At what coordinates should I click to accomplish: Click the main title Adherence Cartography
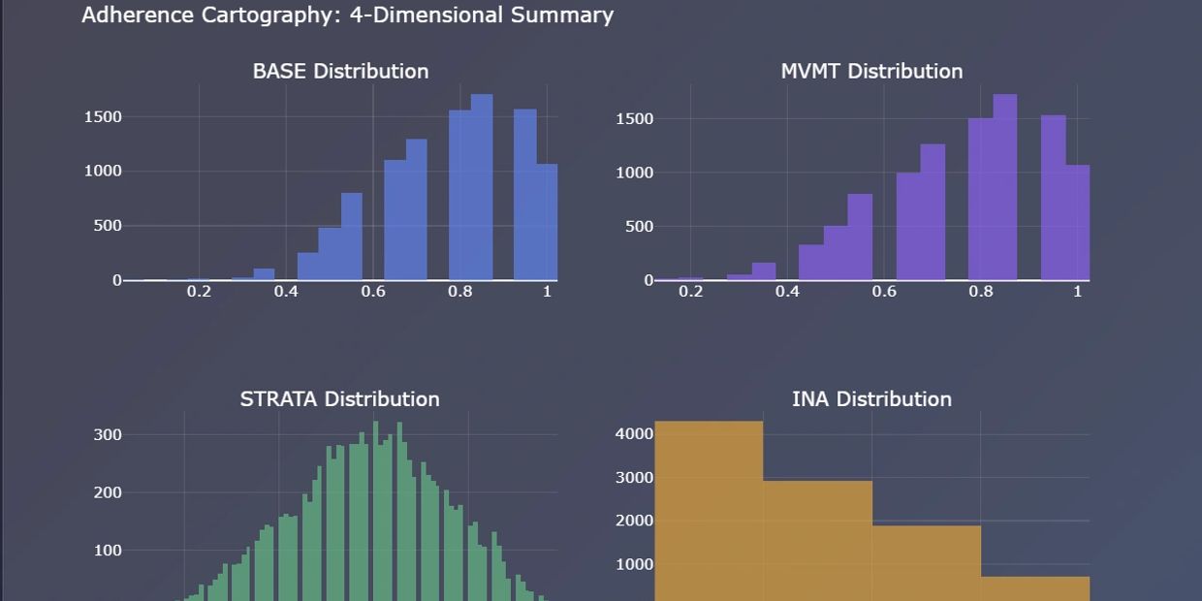(x=347, y=16)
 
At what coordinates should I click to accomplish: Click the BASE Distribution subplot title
(x=340, y=71)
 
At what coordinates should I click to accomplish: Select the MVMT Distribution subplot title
(x=871, y=71)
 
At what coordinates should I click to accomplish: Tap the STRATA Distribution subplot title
(x=339, y=398)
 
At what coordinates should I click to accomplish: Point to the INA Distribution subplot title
(x=871, y=398)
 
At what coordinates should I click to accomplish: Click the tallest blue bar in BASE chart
(x=482, y=189)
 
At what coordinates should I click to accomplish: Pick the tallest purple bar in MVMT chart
(x=1005, y=189)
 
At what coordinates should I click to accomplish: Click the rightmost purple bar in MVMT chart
(x=1078, y=223)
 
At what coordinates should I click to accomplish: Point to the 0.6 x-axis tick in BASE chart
(x=373, y=291)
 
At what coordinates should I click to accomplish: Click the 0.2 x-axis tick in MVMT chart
(x=691, y=291)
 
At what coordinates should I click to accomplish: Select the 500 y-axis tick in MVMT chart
(x=635, y=227)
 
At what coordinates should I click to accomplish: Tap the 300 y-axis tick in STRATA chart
(x=108, y=435)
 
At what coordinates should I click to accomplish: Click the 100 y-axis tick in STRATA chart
(x=108, y=551)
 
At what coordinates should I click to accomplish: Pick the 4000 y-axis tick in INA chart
(x=635, y=433)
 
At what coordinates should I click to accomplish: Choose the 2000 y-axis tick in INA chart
(x=635, y=521)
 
